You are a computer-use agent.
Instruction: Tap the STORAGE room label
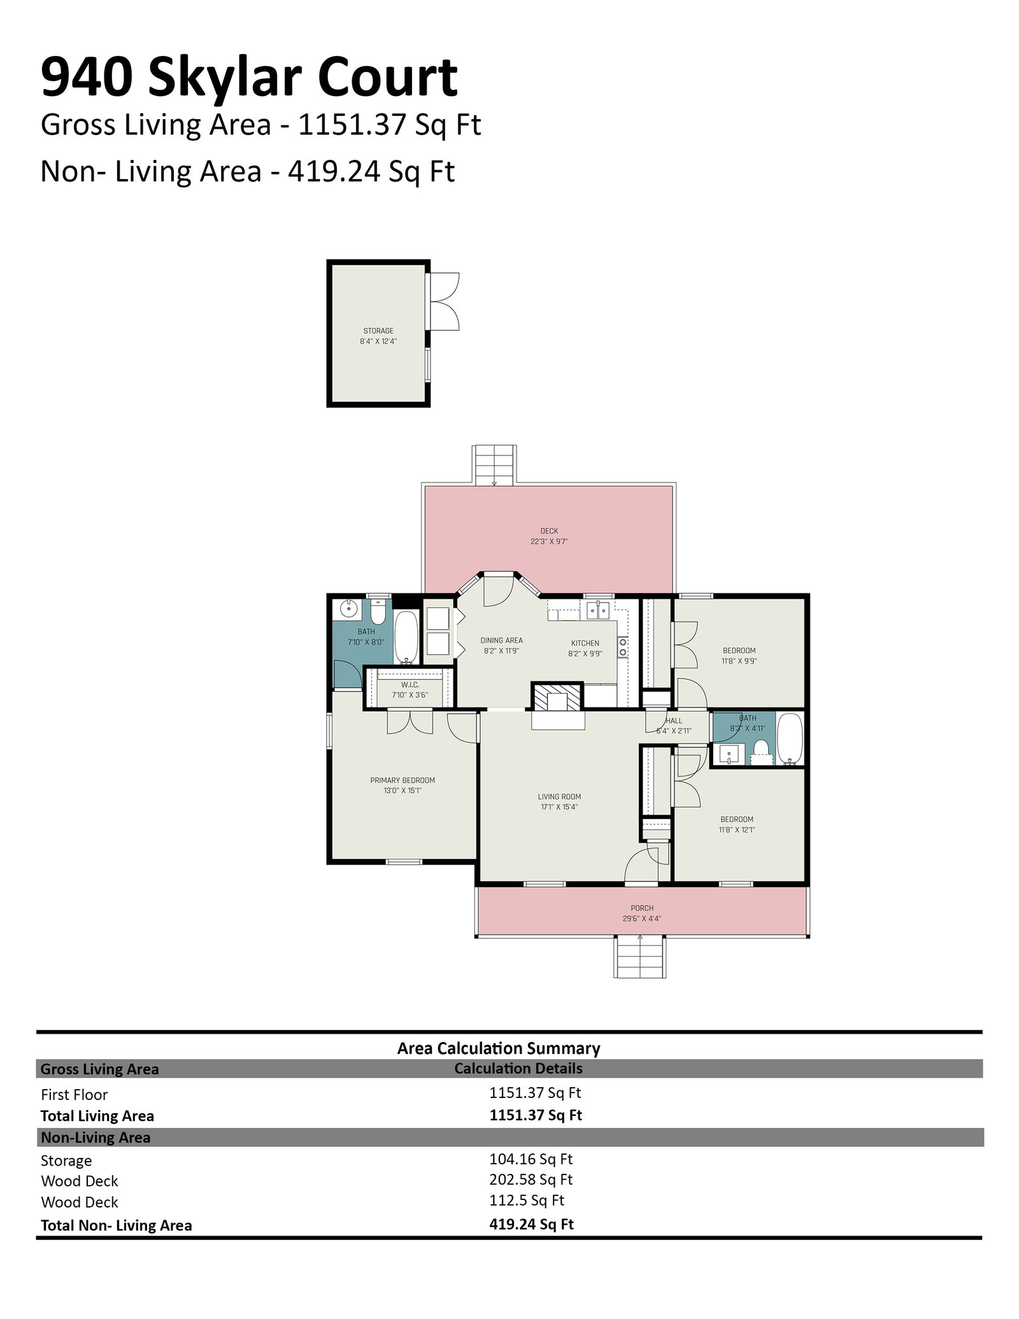[x=378, y=331]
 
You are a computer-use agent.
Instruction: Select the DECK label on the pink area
[x=549, y=531]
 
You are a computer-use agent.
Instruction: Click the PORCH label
[x=642, y=908]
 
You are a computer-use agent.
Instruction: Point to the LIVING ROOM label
[x=559, y=797]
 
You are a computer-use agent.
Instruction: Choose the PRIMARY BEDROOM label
[x=403, y=780]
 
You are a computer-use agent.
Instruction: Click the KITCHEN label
[x=585, y=643]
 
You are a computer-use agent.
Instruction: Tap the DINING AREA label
[x=501, y=641]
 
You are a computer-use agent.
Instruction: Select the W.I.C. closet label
[x=410, y=685]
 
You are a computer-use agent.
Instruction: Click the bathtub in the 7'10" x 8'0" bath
[x=406, y=637]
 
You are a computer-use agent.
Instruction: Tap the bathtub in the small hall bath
[x=790, y=739]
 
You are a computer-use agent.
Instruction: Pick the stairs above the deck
[x=495, y=466]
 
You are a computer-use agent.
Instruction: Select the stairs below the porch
[x=639, y=957]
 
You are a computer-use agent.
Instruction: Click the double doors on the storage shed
[x=444, y=301]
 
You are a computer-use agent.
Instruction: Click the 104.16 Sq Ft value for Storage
[x=531, y=1158]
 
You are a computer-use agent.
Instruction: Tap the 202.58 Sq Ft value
[x=531, y=1179]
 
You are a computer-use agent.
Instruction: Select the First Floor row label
[x=75, y=1094]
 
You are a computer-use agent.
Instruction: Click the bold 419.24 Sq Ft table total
[x=531, y=1223]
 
